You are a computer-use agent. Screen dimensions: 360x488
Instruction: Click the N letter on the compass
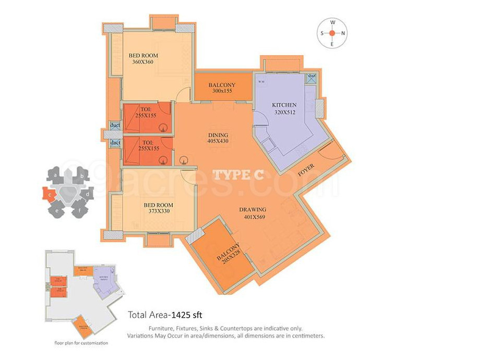tap(343, 33)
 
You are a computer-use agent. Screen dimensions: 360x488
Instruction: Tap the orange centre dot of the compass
tap(332, 33)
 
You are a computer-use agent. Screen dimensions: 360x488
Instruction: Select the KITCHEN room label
tap(284, 105)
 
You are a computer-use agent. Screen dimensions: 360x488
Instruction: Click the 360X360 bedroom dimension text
tap(143, 62)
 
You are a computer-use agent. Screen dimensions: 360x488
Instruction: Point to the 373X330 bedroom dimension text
tap(158, 212)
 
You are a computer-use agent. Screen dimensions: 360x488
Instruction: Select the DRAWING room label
tap(253, 210)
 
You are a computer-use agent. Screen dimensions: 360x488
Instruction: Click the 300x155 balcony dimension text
tap(222, 91)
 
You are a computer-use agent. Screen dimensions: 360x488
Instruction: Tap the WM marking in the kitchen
tap(260, 81)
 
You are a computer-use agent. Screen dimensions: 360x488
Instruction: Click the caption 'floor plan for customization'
tap(81, 343)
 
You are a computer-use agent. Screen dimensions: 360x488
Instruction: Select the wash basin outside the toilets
tap(183, 161)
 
